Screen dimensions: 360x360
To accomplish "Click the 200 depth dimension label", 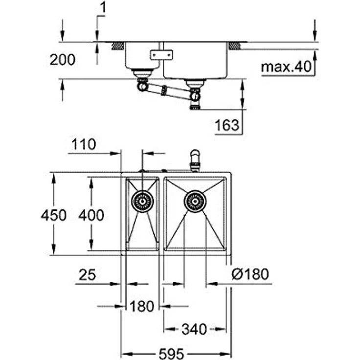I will click(x=63, y=60).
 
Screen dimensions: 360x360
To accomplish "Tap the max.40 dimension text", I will click(x=286, y=67).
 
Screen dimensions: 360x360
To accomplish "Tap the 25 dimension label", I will click(x=88, y=275).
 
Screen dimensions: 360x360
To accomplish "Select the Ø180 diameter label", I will click(x=250, y=274).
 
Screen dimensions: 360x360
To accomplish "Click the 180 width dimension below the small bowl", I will click(x=142, y=307).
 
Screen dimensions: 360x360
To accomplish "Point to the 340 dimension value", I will click(x=194, y=329).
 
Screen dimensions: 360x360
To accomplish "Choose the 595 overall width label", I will click(x=171, y=352).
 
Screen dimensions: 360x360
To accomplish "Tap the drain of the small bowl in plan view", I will click(x=142, y=201).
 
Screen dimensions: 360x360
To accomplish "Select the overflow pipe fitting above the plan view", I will click(x=195, y=160).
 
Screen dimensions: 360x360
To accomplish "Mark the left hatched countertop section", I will click(x=117, y=46).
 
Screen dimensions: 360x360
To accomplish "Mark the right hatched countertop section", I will click(x=235, y=46).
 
